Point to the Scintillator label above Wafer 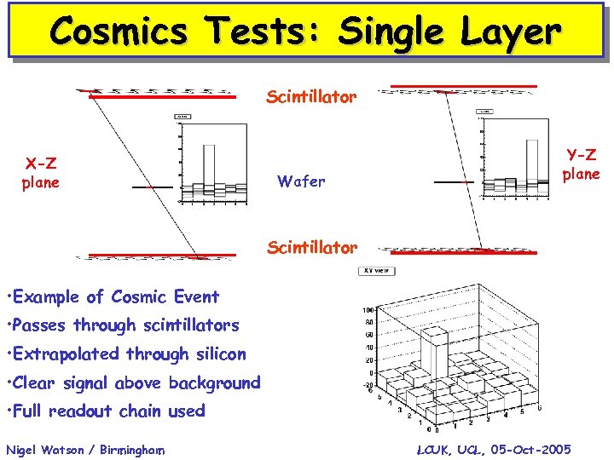tap(311, 97)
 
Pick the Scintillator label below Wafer tap(311, 248)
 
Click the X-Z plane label tap(41, 173)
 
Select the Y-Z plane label tap(581, 164)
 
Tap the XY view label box tap(375, 271)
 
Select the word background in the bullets tap(214, 382)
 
